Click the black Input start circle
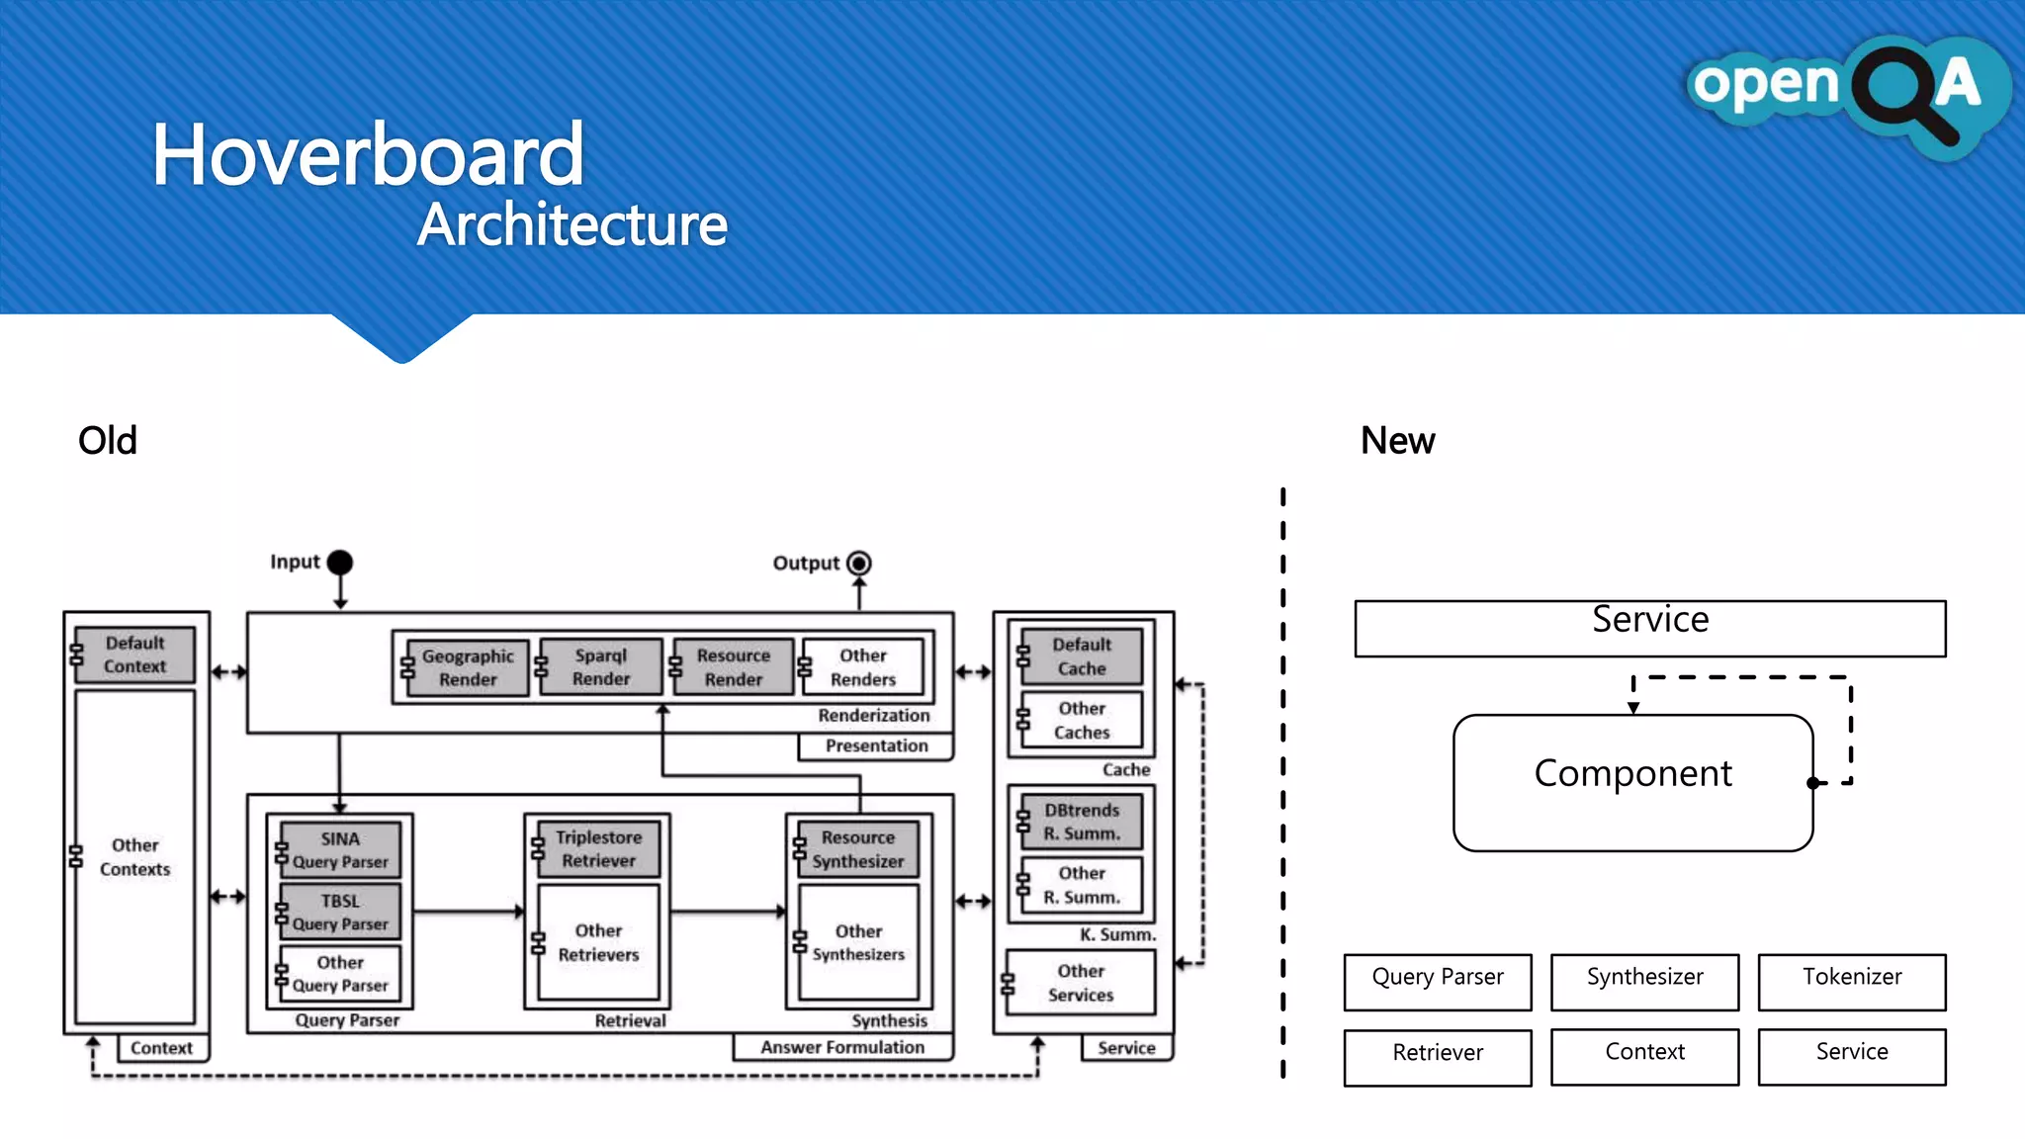(x=340, y=563)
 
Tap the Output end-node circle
(x=859, y=564)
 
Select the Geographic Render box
(x=467, y=667)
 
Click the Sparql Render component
(x=600, y=667)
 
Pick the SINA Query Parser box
(x=340, y=850)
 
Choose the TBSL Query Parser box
(x=340, y=912)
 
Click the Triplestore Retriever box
(x=598, y=849)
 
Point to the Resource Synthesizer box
(x=857, y=849)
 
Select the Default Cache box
(x=1081, y=657)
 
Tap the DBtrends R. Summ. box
(x=1081, y=822)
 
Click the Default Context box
(x=134, y=655)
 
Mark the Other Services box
(x=1081, y=983)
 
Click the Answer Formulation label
(x=842, y=1048)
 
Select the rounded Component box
(x=1632, y=782)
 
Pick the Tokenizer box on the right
(x=1851, y=981)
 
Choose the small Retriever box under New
(x=1437, y=1056)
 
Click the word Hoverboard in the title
(x=368, y=155)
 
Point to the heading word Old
(x=108, y=441)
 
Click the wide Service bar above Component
(x=1649, y=629)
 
